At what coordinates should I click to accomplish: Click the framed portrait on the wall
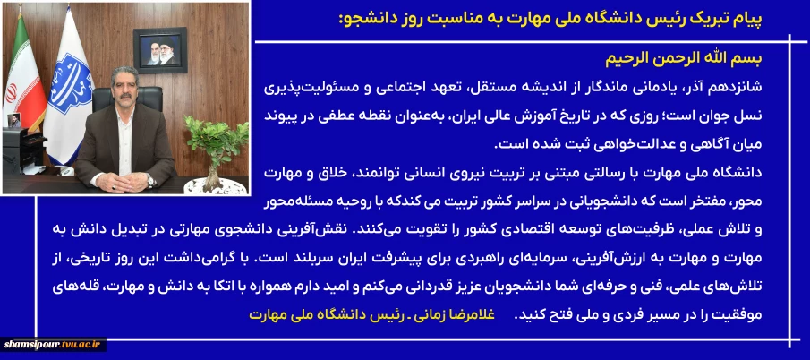pyautogui.click(x=160, y=50)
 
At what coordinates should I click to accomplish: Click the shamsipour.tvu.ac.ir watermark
pyautogui.click(x=54, y=345)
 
